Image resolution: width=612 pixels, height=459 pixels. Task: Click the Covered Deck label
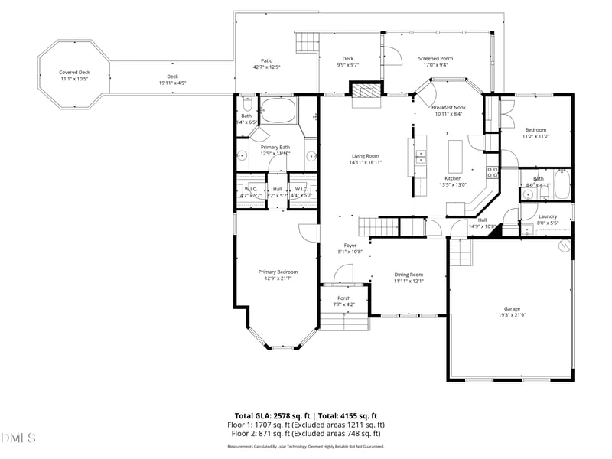(x=74, y=73)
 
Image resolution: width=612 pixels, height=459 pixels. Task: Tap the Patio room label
(x=266, y=60)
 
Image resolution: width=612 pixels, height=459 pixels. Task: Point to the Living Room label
(x=365, y=156)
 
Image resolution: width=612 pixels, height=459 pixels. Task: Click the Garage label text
(x=511, y=309)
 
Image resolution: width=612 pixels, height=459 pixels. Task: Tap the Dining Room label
(x=409, y=275)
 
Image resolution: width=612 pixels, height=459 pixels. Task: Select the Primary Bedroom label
(x=278, y=272)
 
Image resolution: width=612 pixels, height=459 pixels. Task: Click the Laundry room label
(x=548, y=216)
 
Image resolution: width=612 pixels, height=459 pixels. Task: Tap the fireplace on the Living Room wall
(x=364, y=92)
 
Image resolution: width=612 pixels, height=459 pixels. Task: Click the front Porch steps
(x=344, y=321)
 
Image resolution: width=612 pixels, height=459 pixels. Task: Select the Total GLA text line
(x=307, y=415)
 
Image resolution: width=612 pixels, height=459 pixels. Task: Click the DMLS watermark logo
(x=18, y=438)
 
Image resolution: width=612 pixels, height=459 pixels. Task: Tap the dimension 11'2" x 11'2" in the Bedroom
(x=535, y=136)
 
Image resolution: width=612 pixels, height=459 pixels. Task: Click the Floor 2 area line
(x=307, y=433)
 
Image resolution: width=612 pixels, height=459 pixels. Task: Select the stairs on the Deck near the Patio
(x=306, y=41)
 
